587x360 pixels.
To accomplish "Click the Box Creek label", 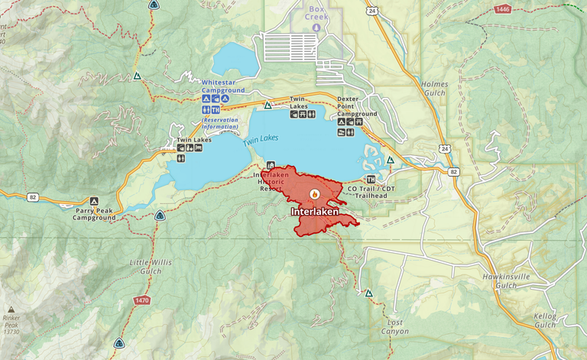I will coord(316,13).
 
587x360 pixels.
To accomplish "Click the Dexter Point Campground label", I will coord(357,105).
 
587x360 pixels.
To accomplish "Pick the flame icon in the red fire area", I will coord(314,195).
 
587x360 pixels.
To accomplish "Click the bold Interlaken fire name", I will coord(314,210).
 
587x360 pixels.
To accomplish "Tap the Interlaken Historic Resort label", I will coord(273,181).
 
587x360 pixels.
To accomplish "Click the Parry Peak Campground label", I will coord(94,213).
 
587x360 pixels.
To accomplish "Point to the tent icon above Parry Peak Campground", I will coord(94,200).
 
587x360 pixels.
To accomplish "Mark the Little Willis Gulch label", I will coord(151,267).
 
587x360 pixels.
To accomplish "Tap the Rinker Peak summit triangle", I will coord(11,310).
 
